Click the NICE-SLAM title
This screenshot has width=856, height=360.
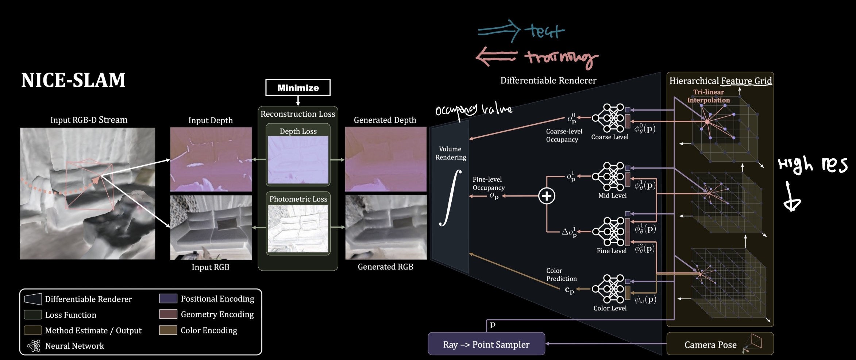pyautogui.click(x=73, y=80)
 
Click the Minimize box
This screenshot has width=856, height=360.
pyautogui.click(x=298, y=88)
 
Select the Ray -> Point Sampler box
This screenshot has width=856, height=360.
pyautogui.click(x=486, y=344)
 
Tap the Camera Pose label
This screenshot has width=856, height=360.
pyautogui.click(x=710, y=345)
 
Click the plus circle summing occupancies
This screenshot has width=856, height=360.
pyautogui.click(x=547, y=196)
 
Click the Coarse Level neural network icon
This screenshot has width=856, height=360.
pyautogui.click(x=608, y=118)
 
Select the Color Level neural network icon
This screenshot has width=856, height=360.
pyautogui.click(x=608, y=289)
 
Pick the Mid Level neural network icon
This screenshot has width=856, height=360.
pyautogui.click(x=608, y=177)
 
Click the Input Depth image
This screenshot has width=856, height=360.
pyautogui.click(x=211, y=159)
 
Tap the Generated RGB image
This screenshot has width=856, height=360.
pyautogui.click(x=386, y=227)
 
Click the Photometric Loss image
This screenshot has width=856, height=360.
pyautogui.click(x=298, y=229)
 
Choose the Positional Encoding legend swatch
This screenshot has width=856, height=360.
pyautogui.click(x=168, y=299)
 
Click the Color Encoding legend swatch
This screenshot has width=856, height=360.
pyautogui.click(x=168, y=330)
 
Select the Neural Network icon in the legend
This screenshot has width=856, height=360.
pyautogui.click(x=34, y=345)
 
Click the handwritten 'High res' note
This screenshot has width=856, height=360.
pyautogui.click(x=812, y=165)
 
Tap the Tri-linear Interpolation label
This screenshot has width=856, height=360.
pyautogui.click(x=708, y=96)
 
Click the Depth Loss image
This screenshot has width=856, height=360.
pyautogui.click(x=298, y=160)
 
